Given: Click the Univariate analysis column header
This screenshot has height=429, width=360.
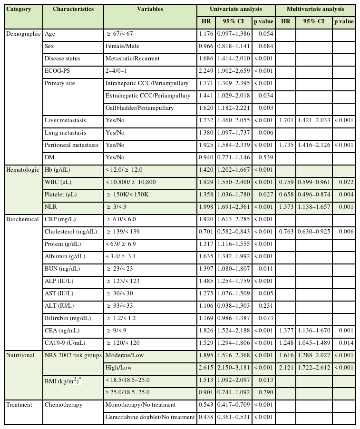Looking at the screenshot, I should (x=236, y=9).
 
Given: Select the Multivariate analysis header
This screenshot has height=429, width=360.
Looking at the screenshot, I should (x=316, y=9).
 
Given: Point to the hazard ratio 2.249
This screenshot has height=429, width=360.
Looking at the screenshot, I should (x=206, y=71).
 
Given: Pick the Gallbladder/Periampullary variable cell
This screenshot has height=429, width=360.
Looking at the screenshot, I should (x=139, y=108).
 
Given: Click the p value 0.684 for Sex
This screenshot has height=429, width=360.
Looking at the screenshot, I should (x=263, y=46).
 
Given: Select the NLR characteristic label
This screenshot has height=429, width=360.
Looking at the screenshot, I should (x=50, y=207).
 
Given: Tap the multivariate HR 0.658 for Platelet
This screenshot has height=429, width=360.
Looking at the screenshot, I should (x=285, y=195).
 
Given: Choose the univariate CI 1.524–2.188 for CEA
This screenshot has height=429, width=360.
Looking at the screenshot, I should (x=233, y=331).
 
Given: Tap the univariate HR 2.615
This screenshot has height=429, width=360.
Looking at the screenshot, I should (x=206, y=368).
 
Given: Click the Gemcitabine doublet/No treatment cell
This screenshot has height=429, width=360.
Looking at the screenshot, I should (x=150, y=417).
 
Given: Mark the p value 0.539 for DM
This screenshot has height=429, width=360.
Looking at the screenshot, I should (x=263, y=157).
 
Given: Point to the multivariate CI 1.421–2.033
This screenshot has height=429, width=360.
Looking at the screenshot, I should (x=314, y=120).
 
